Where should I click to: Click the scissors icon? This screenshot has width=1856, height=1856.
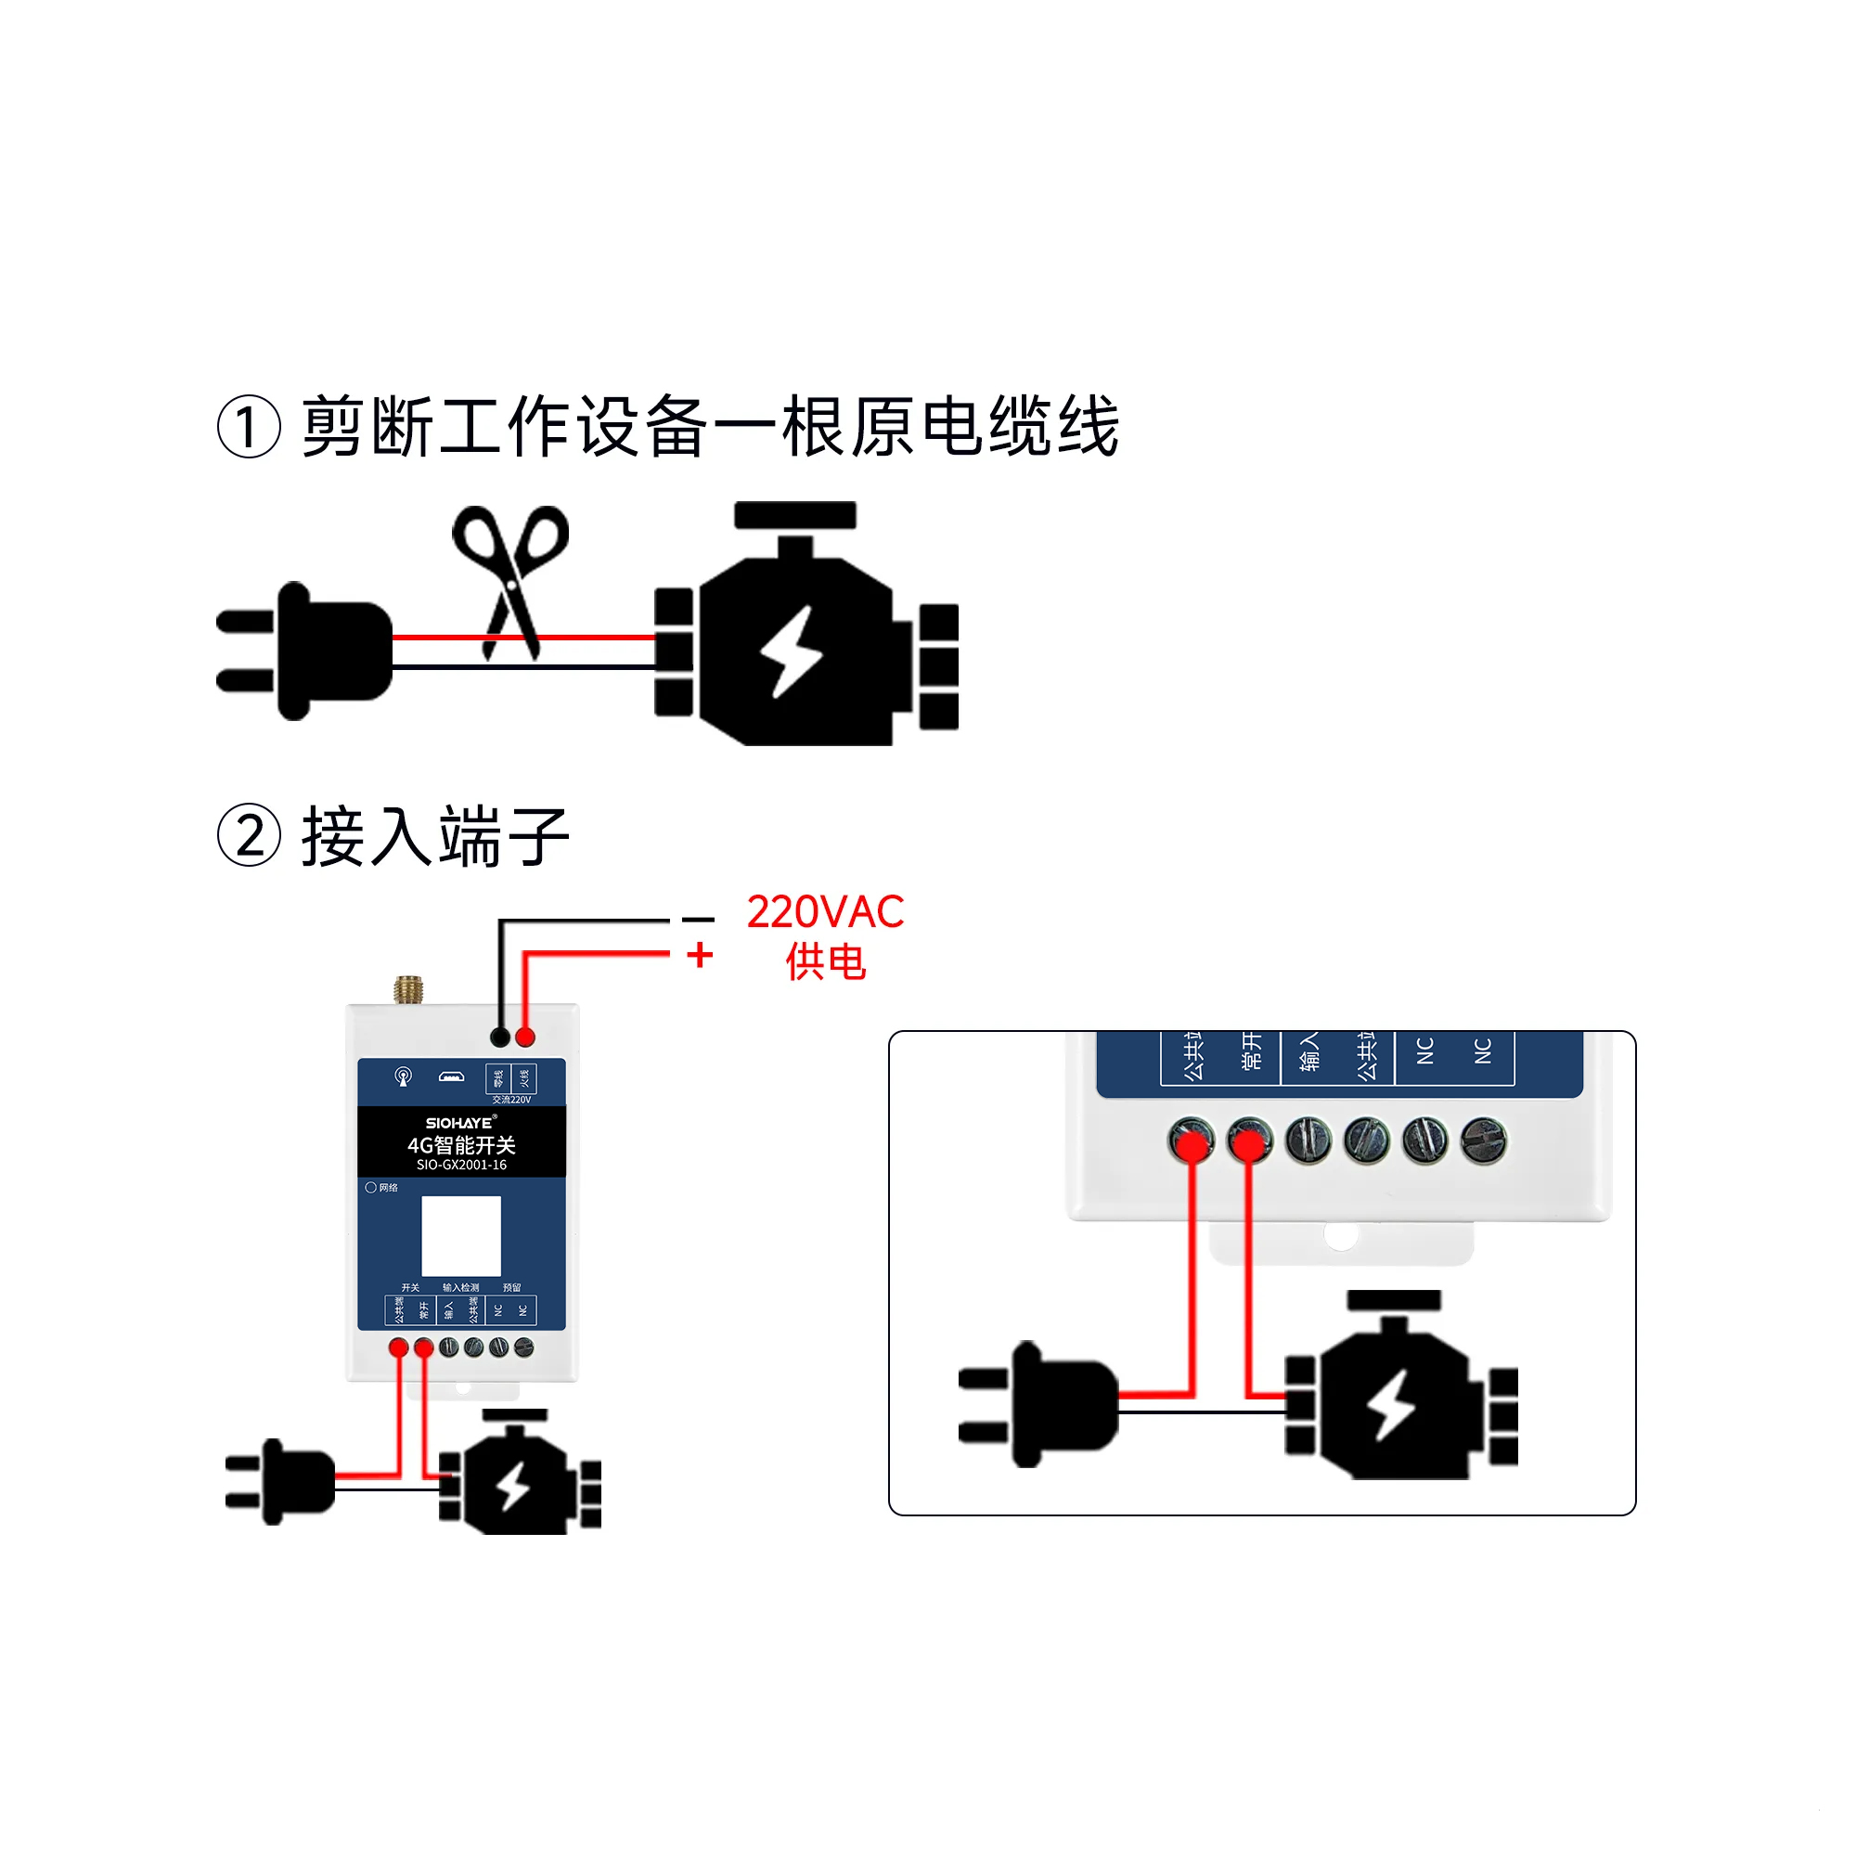pyautogui.click(x=510, y=576)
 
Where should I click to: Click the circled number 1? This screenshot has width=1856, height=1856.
pyautogui.click(x=249, y=427)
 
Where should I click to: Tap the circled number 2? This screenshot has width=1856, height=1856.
pyautogui.click(x=249, y=836)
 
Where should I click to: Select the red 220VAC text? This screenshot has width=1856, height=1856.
pyautogui.click(x=825, y=911)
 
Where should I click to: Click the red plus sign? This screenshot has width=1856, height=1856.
pyautogui.click(x=701, y=955)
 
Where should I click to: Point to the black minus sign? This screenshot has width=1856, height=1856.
pyautogui.click(x=699, y=920)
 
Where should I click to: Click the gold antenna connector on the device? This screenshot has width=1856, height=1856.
pyautogui.click(x=408, y=989)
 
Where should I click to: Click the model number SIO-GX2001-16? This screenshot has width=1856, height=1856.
pyautogui.click(x=461, y=1165)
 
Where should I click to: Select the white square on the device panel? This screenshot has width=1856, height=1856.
pyautogui.click(x=461, y=1235)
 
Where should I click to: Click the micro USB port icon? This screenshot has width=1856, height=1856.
pyautogui.click(x=452, y=1076)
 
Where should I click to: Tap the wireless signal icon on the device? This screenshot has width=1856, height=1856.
pyautogui.click(x=404, y=1076)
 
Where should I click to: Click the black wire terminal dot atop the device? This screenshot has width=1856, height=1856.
pyautogui.click(x=499, y=1038)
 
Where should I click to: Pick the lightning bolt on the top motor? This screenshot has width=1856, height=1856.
pyautogui.click(x=792, y=651)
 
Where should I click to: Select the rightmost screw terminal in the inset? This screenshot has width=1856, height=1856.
pyautogui.click(x=1483, y=1141)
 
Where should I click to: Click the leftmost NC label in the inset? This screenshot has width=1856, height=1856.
pyautogui.click(x=1424, y=1051)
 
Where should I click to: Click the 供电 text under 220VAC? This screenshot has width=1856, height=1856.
pyautogui.click(x=825, y=961)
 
